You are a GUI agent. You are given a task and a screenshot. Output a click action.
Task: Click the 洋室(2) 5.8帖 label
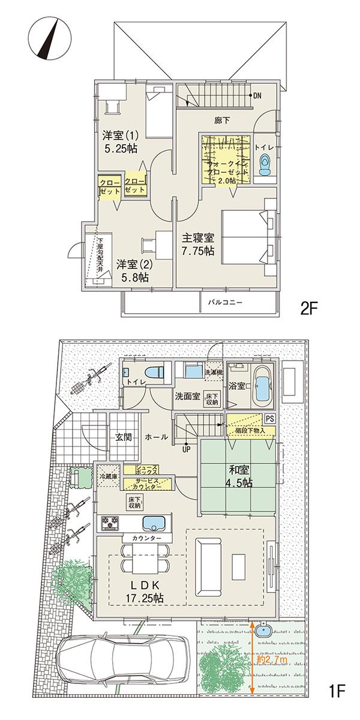click(x=133, y=271)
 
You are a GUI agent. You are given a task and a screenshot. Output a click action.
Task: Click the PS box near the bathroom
click(x=269, y=419)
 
